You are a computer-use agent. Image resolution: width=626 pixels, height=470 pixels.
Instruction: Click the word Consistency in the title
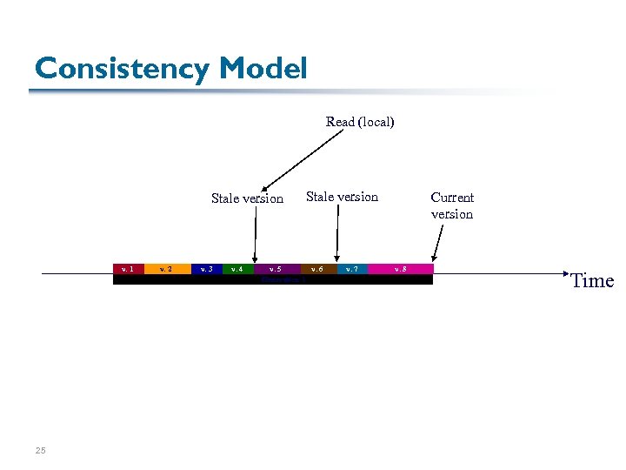[x=123, y=68]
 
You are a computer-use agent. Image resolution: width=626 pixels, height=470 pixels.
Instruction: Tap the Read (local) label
[x=360, y=122]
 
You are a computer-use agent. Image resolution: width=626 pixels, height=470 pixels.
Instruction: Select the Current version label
[x=452, y=205]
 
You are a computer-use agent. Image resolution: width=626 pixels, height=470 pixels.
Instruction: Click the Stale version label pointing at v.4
[x=247, y=198]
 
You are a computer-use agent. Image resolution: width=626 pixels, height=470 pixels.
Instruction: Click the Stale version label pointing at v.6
[x=343, y=197]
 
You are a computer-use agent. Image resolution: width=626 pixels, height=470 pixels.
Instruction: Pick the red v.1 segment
[x=128, y=269]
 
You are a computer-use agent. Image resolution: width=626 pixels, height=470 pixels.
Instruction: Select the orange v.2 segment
[x=167, y=269]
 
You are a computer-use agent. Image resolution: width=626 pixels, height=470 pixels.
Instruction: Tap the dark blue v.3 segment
[x=206, y=269]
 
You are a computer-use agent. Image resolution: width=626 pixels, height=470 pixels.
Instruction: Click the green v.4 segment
[x=237, y=269]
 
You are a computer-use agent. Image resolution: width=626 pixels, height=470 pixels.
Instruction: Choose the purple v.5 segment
[x=276, y=269]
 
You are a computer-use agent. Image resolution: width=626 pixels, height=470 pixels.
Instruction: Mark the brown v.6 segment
[x=318, y=269]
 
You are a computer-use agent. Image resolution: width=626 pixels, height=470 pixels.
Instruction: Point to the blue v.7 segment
[x=351, y=269]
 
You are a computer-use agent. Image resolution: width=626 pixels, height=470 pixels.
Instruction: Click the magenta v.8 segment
[x=399, y=269]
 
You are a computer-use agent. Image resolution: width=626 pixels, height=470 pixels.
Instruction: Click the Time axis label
[x=592, y=280]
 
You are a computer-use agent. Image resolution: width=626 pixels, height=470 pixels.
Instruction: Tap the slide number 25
[x=40, y=450]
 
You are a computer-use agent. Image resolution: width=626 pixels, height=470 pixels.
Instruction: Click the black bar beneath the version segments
[x=365, y=280]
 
